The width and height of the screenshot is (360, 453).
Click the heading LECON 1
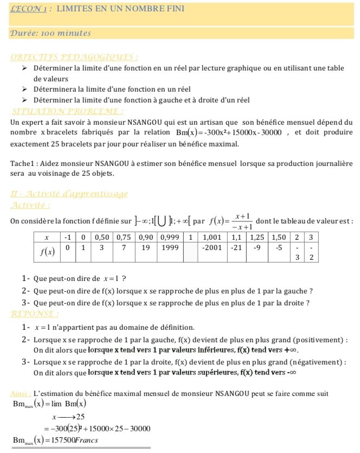point(30,10)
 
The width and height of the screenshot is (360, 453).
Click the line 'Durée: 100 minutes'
point(50,33)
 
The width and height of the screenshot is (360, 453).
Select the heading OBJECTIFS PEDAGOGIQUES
point(74,57)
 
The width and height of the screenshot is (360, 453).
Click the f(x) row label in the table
point(47,252)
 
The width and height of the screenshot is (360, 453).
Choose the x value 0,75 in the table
point(124,238)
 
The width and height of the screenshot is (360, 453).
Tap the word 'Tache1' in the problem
point(22,163)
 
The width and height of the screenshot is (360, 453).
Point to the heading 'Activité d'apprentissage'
point(69,194)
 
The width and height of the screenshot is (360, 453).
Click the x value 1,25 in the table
point(257,238)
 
